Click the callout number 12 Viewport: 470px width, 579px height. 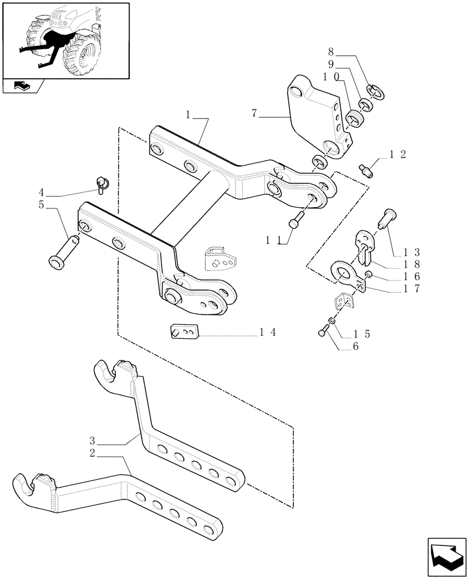click(398, 154)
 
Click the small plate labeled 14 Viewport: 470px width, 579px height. click(185, 332)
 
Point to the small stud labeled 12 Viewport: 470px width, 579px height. click(368, 170)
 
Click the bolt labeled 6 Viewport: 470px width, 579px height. click(323, 331)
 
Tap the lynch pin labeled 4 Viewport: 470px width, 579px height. click(103, 184)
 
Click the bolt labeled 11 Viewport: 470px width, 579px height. click(296, 221)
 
